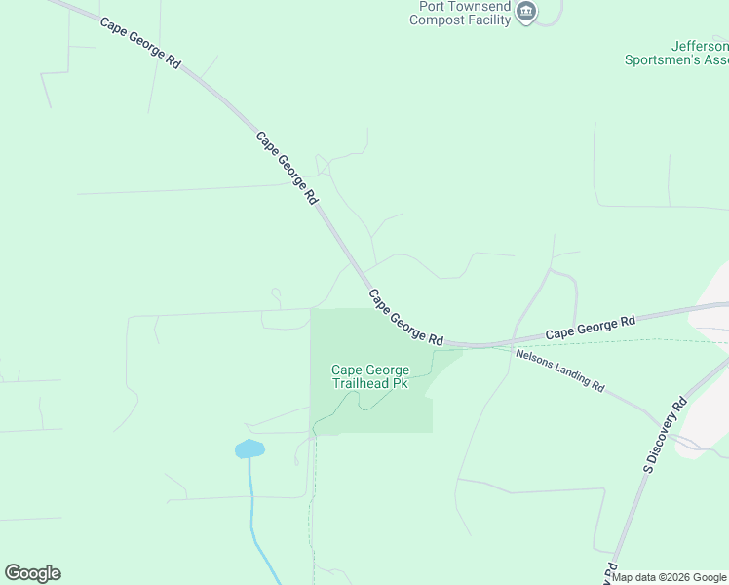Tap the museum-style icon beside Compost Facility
[x=527, y=12]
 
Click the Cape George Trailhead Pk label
[x=370, y=376]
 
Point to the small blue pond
[x=249, y=448]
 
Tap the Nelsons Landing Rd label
[x=559, y=370]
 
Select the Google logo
[x=32, y=573]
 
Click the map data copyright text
[x=669, y=577]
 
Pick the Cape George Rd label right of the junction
[x=590, y=327]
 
